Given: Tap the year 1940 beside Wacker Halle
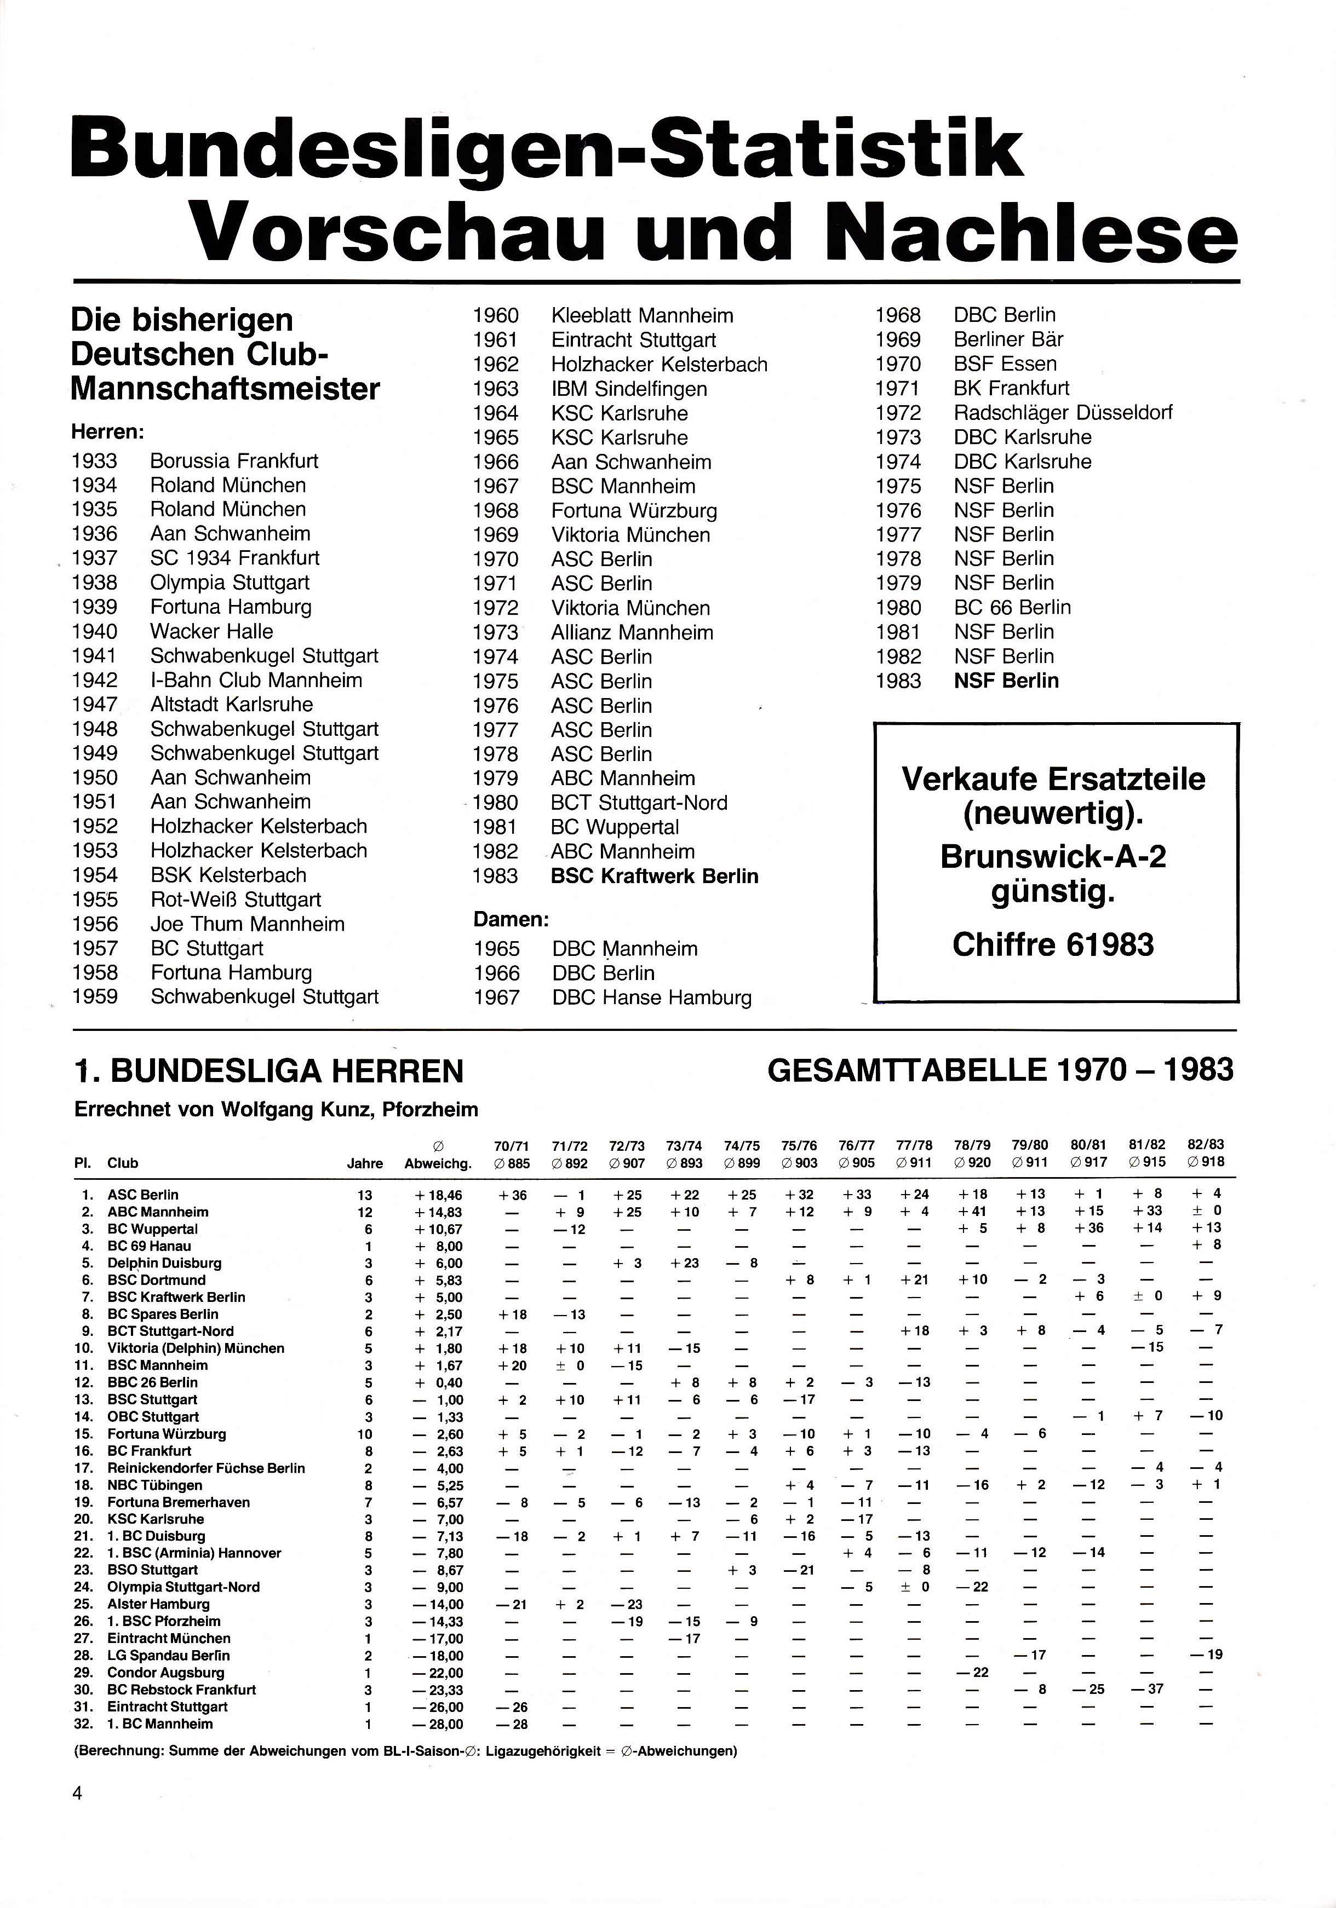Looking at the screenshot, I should click(95, 632).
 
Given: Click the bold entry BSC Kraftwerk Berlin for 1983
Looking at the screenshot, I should click(654, 876).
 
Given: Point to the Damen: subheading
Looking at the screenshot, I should click(511, 920).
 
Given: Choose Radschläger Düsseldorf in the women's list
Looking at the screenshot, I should click(1063, 412).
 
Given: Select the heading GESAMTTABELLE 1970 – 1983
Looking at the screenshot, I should click(1000, 1070).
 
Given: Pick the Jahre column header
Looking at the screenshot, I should click(364, 1163).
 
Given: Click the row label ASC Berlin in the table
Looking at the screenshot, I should click(142, 1195).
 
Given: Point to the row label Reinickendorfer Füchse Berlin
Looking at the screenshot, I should click(205, 1468).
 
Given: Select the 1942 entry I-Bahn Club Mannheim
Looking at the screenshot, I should click(255, 681).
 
